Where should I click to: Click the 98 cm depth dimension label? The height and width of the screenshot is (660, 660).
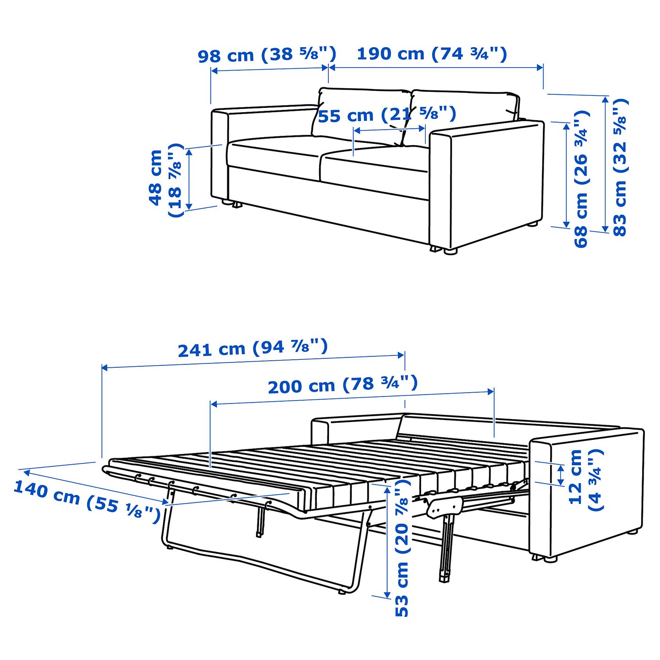pos(267,55)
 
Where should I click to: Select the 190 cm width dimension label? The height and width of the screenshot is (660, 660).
pos(431,54)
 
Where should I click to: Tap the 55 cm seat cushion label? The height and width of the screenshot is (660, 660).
pos(387,115)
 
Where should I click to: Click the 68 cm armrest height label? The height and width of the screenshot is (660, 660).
pos(581,179)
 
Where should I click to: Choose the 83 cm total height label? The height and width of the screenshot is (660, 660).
pos(620,167)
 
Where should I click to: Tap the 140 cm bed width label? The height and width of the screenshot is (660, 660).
pos(87,501)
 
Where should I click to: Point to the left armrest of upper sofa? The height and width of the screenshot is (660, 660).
pos(219,156)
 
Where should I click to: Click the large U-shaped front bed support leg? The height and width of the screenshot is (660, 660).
pos(264,561)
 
